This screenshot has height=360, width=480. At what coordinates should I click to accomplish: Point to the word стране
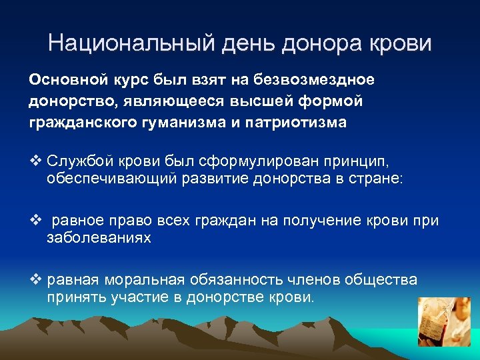(x=380, y=180)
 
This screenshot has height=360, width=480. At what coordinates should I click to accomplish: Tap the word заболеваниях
(x=99, y=238)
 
